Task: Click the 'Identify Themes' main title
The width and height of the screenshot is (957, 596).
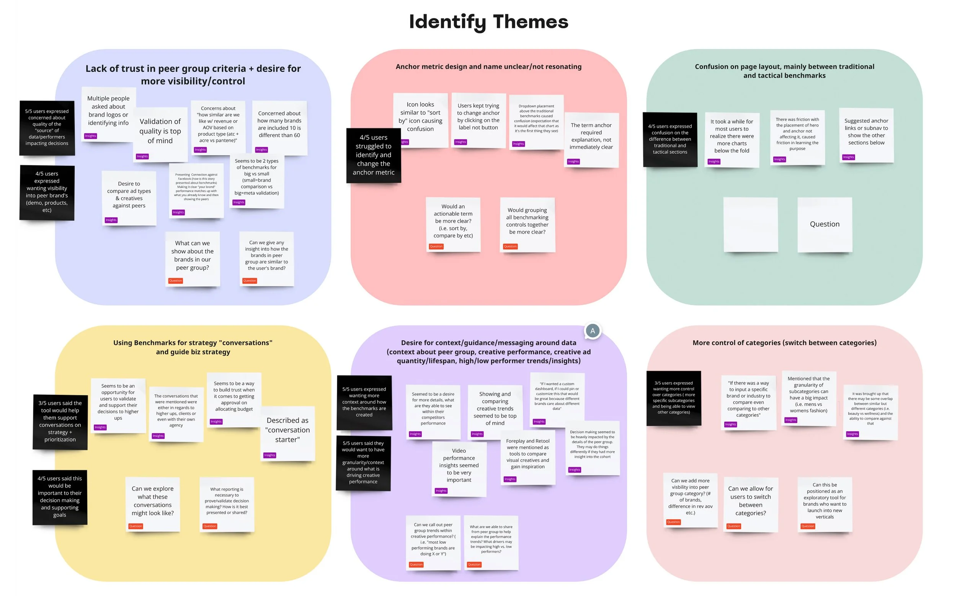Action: (488, 22)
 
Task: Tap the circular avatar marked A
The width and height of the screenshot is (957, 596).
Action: (592, 331)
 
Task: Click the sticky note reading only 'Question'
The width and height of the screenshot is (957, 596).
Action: (825, 224)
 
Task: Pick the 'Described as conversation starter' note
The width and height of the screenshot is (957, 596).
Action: (287, 430)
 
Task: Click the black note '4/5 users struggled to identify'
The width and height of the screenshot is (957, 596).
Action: (373, 155)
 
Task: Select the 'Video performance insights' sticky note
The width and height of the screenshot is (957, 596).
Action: (459, 466)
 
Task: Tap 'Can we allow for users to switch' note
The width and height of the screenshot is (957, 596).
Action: (750, 501)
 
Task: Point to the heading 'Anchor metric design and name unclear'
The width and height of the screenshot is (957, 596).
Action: (488, 67)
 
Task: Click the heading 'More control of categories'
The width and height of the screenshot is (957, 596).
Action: (784, 343)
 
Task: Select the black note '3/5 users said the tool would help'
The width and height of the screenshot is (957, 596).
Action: (60, 421)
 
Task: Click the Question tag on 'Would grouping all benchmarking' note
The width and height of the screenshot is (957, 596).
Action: (510, 246)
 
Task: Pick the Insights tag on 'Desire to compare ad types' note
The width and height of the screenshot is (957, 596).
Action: (111, 220)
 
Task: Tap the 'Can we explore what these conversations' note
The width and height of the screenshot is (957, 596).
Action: (152, 501)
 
